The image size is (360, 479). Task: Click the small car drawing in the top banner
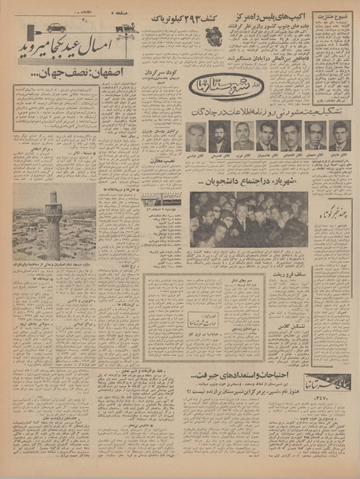[x=55, y=27]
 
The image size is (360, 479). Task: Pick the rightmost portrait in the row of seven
[x=340, y=136]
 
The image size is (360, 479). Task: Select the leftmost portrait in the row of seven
[x=195, y=136]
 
